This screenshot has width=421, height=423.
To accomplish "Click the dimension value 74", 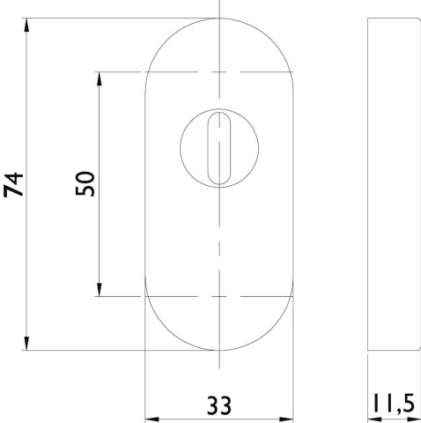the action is coord(13,185).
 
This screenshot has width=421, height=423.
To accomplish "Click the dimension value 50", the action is coord(85,183).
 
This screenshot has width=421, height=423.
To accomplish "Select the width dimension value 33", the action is coord(219,405).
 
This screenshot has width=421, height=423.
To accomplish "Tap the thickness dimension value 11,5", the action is coord(394,404).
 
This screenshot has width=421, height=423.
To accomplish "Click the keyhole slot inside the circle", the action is coord(219,148).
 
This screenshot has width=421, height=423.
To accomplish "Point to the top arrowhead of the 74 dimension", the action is coord(26,25).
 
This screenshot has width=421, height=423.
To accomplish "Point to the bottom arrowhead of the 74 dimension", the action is coord(26,344).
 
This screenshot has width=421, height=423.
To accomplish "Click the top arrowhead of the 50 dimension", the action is coord(100,78).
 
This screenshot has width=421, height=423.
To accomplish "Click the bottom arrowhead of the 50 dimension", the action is coord(100,290).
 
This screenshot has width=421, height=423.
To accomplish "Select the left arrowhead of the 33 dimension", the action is coord(152,419).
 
